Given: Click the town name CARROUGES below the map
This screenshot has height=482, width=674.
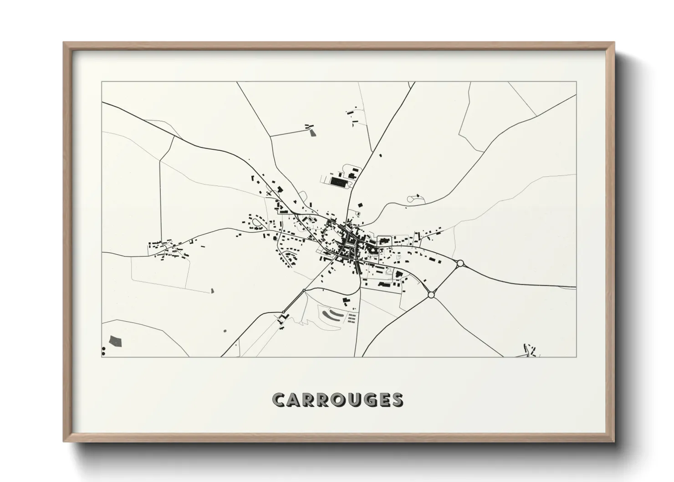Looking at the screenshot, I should (x=337, y=400).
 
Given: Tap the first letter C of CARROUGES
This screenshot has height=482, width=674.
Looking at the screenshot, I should (x=278, y=400).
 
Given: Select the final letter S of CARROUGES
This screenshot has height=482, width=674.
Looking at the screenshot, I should (x=397, y=400).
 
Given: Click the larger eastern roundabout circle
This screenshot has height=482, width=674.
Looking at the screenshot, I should (x=460, y=263).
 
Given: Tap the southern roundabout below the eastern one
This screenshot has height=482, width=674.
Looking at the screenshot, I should (x=431, y=295).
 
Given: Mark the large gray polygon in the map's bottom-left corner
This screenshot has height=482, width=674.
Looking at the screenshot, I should (x=116, y=341).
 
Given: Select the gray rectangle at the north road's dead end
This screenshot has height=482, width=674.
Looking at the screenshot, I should (x=312, y=133).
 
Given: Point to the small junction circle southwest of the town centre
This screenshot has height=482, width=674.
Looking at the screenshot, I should (x=303, y=290).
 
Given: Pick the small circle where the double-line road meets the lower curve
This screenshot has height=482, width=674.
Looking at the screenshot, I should (x=284, y=312).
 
